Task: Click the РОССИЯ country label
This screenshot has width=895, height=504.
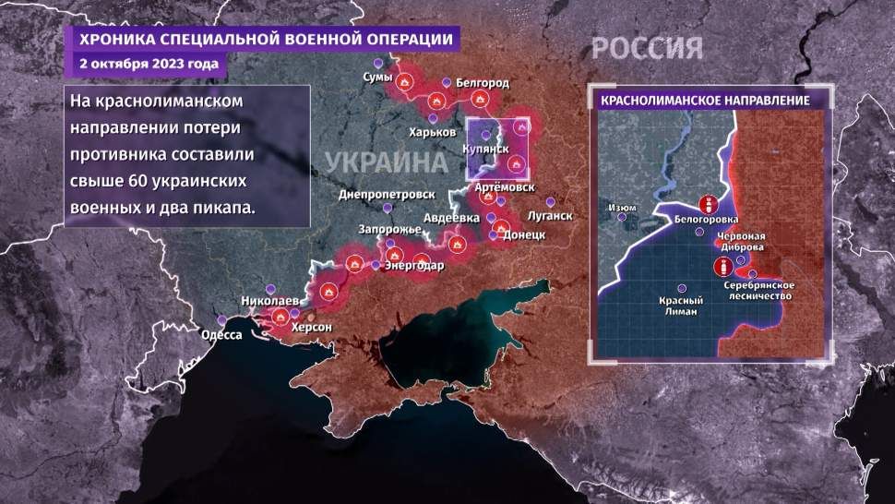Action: [646, 48]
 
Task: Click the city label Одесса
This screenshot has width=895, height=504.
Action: [221, 335]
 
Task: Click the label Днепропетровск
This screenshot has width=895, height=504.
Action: [387, 196]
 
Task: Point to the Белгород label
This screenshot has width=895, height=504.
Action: [482, 82]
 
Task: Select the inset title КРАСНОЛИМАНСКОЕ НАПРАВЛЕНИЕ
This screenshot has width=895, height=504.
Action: [705, 99]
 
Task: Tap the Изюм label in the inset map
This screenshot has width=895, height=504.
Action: [622, 208]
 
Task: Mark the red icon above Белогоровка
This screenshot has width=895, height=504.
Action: [709, 204]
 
